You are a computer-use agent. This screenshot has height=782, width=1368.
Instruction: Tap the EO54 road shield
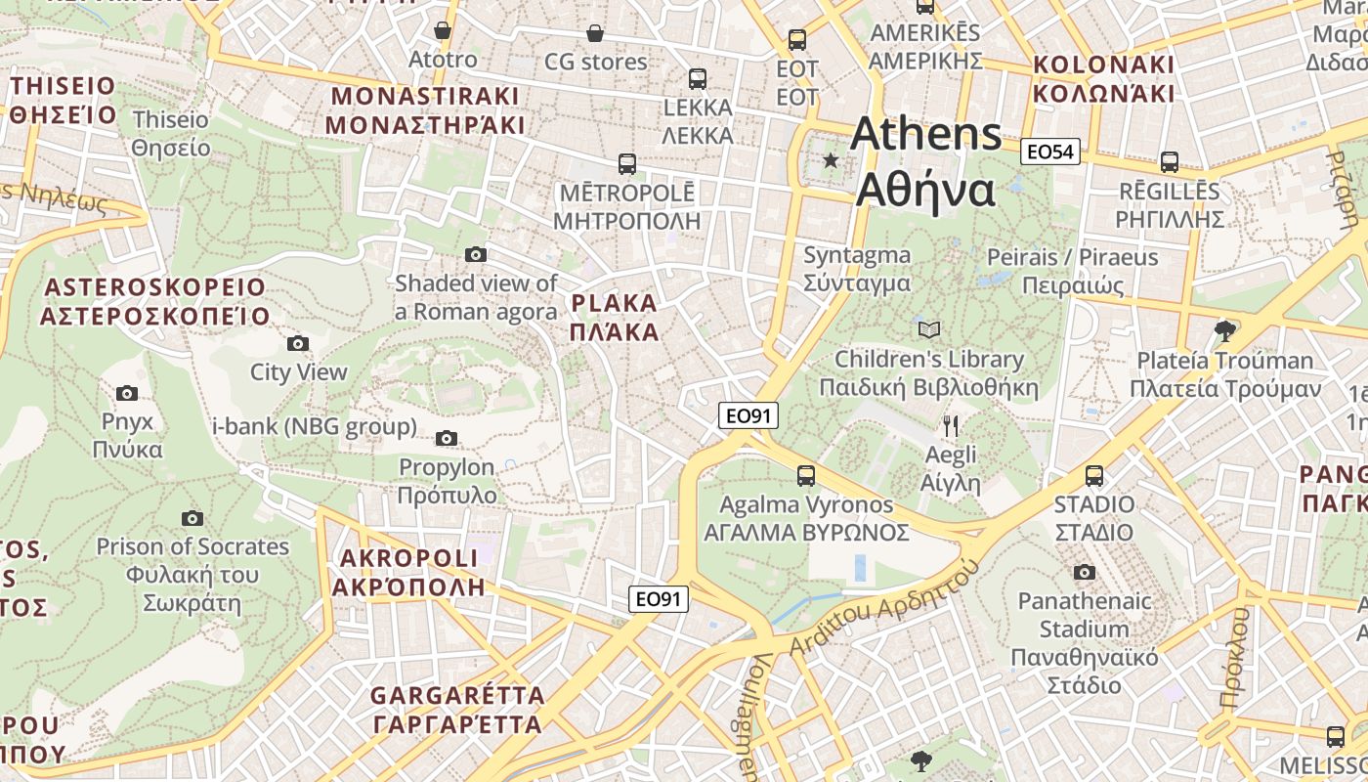tap(1050, 152)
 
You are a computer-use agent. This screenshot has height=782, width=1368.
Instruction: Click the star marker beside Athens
tap(831, 160)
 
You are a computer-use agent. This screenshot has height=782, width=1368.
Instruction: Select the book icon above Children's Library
tap(929, 330)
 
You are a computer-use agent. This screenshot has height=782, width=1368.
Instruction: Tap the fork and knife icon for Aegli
tap(951, 426)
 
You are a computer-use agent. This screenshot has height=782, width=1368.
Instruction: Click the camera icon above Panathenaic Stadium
tap(1084, 572)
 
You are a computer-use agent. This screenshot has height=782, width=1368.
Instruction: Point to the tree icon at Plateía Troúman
tap(1224, 331)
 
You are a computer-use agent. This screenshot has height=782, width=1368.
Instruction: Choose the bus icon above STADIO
tap(1094, 476)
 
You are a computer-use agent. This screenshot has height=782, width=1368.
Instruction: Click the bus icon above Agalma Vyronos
tap(806, 476)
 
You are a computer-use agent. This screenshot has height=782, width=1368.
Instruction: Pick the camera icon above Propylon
tap(447, 438)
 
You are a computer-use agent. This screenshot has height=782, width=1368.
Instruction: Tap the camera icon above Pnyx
tap(127, 393)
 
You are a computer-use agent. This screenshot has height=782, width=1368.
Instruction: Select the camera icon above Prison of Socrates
tap(192, 518)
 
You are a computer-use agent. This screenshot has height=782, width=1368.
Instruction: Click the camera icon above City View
tap(298, 343)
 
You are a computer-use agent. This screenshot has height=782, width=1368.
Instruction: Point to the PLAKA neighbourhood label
tap(615, 318)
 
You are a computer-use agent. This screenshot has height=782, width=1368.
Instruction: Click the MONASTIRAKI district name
tap(425, 110)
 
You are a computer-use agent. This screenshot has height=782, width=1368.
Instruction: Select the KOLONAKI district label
tap(1103, 79)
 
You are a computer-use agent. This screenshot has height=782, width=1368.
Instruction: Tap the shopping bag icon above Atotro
tap(443, 31)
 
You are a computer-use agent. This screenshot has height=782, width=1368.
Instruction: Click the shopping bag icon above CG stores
tap(595, 34)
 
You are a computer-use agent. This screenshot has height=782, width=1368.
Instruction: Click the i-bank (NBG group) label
tap(315, 427)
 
